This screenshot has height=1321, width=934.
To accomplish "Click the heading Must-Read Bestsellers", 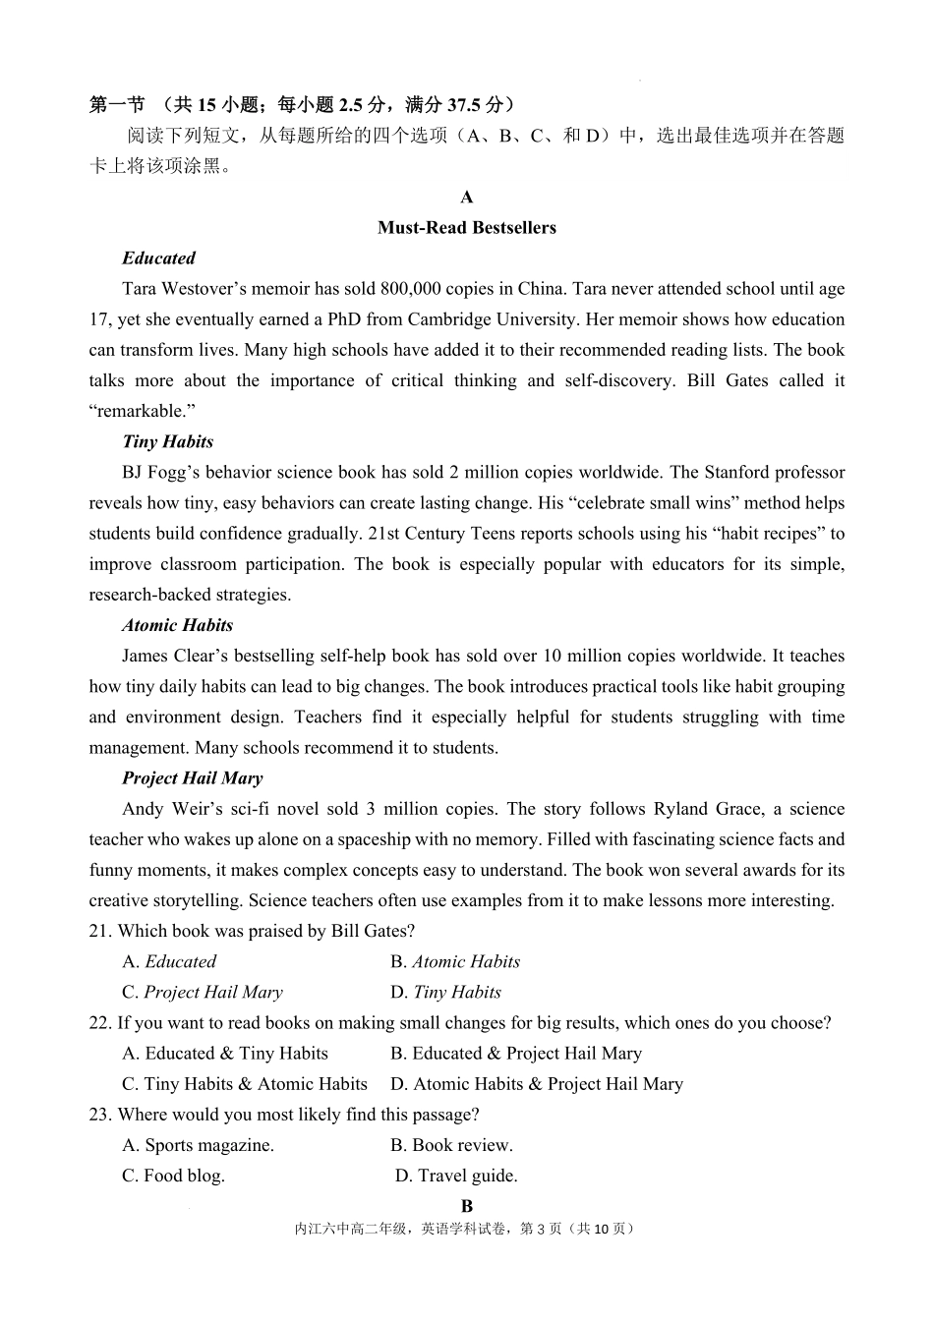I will (466, 227).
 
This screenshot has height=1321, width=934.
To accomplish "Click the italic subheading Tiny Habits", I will (167, 441).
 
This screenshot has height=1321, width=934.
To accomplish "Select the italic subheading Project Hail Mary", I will (192, 777).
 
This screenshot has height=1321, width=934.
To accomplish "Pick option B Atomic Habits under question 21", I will (454, 961).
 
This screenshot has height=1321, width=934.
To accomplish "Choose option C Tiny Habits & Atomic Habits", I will (244, 1083).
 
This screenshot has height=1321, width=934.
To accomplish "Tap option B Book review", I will (451, 1144).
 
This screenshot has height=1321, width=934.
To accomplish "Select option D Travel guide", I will (456, 1175).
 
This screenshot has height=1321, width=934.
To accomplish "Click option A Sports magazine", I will (198, 1144).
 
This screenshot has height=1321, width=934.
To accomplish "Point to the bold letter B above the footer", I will (467, 1205).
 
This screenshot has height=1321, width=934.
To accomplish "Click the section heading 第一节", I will (117, 104).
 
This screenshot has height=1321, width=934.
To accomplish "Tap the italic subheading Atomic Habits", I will (177, 625).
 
